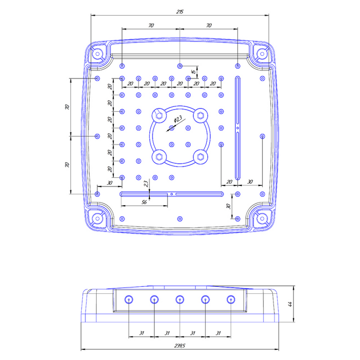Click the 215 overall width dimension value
(x=179, y=11)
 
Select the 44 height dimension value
(x=290, y=305)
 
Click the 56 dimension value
(x=143, y=202)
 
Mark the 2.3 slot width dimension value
(x=147, y=184)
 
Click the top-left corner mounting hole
(x=98, y=54)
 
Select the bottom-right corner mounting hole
(x=262, y=219)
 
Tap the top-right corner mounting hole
(x=262, y=54)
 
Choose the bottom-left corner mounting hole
(x=98, y=219)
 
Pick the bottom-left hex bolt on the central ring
(x=159, y=156)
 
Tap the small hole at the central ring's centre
(x=171, y=128)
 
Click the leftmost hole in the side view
(x=128, y=299)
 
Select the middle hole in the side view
(x=179, y=299)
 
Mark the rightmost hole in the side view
(x=231, y=299)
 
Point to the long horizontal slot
(x=172, y=193)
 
